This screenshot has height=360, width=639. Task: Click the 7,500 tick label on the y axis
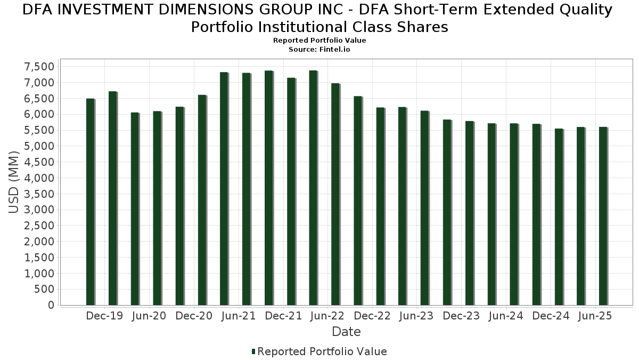coord(39,67)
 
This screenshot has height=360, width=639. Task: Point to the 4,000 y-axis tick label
coord(39,178)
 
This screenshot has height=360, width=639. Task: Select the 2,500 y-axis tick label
coord(39,226)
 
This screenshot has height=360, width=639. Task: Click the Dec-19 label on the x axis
coord(104,316)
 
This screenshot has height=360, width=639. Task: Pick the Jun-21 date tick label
coord(239,316)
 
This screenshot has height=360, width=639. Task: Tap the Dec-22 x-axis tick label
coord(372,316)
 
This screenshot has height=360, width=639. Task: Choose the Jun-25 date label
coord(595,316)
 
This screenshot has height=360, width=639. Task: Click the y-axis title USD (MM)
coord(14,182)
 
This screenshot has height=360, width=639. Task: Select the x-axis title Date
coord(346,332)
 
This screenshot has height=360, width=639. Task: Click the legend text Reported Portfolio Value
coord(322,351)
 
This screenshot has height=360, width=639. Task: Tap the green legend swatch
coord(253,351)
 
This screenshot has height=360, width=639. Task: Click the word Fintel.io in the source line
coord(334,49)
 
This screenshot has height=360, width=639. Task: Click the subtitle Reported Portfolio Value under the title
coord(319,41)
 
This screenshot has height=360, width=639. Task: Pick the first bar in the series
coord(90,202)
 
